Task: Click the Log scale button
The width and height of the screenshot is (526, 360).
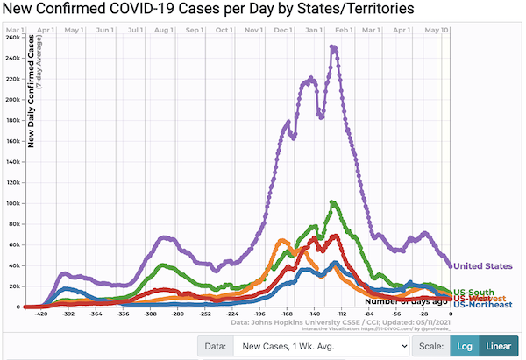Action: (464, 346)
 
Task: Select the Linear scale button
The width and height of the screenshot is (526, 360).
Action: (499, 346)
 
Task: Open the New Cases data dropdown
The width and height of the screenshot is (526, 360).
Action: (320, 346)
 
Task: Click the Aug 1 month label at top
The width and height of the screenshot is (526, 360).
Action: (162, 30)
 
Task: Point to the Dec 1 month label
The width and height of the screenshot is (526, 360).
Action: (282, 30)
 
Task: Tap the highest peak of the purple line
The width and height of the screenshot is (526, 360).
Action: (333, 47)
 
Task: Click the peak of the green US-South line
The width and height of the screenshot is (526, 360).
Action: (333, 203)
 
